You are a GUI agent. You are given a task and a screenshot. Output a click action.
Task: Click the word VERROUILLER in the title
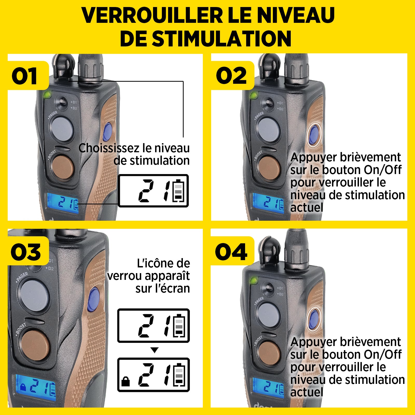[152, 15]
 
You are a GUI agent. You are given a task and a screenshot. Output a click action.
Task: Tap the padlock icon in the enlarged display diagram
[126, 382]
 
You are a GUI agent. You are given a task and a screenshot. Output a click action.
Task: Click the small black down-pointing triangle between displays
[154, 350]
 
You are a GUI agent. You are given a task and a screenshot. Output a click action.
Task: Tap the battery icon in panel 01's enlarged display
[179, 191]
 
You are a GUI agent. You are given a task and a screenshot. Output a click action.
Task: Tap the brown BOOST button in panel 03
[35, 345]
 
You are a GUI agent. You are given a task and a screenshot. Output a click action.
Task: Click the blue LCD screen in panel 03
[36, 388]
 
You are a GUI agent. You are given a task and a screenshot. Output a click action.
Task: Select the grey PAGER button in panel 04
[269, 315]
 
